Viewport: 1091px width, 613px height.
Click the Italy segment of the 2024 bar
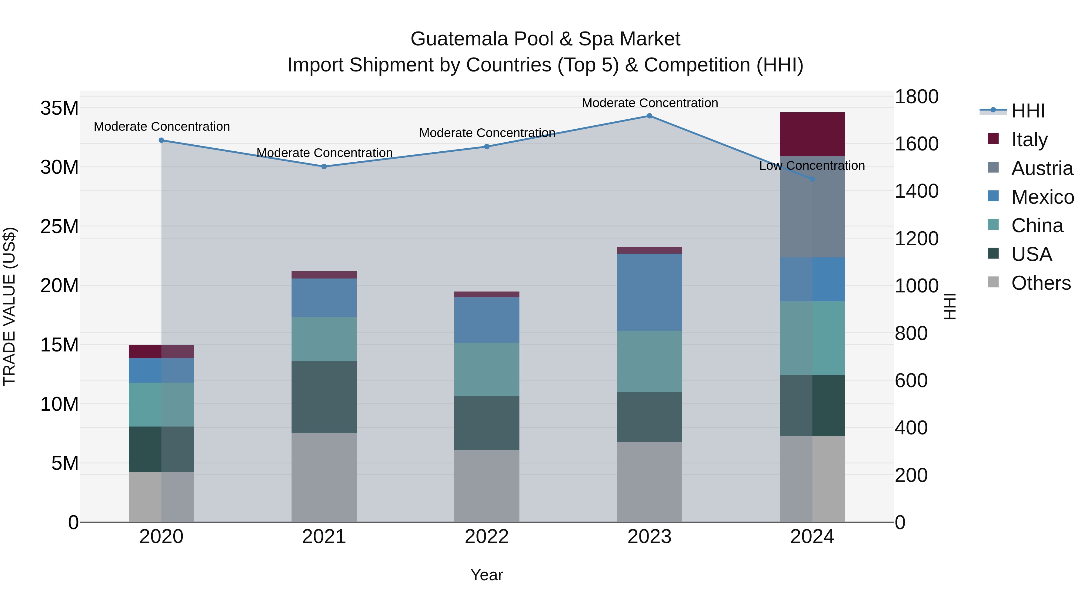pos(812,134)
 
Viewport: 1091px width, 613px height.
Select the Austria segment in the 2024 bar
pos(812,207)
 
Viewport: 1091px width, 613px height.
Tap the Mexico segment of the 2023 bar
pos(649,292)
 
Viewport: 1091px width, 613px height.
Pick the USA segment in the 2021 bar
pos(324,397)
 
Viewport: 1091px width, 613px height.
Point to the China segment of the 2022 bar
pos(487,369)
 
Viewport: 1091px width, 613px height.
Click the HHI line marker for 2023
pos(649,116)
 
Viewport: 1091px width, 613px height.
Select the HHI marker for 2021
pos(324,167)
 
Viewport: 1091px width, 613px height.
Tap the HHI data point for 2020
pos(161,140)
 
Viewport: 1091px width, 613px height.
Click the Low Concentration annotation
pos(812,166)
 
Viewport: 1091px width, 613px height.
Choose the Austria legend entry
pos(1042,168)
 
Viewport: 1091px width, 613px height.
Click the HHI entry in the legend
pos(1028,111)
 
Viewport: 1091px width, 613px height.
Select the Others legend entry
pos(1041,283)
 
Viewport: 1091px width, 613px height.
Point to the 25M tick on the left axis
pos(59,227)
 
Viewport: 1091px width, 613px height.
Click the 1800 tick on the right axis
pos(916,97)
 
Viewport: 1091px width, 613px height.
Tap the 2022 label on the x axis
pos(487,537)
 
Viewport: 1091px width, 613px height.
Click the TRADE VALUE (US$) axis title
pos(10,306)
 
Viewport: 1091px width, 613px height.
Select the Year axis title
pos(487,575)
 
